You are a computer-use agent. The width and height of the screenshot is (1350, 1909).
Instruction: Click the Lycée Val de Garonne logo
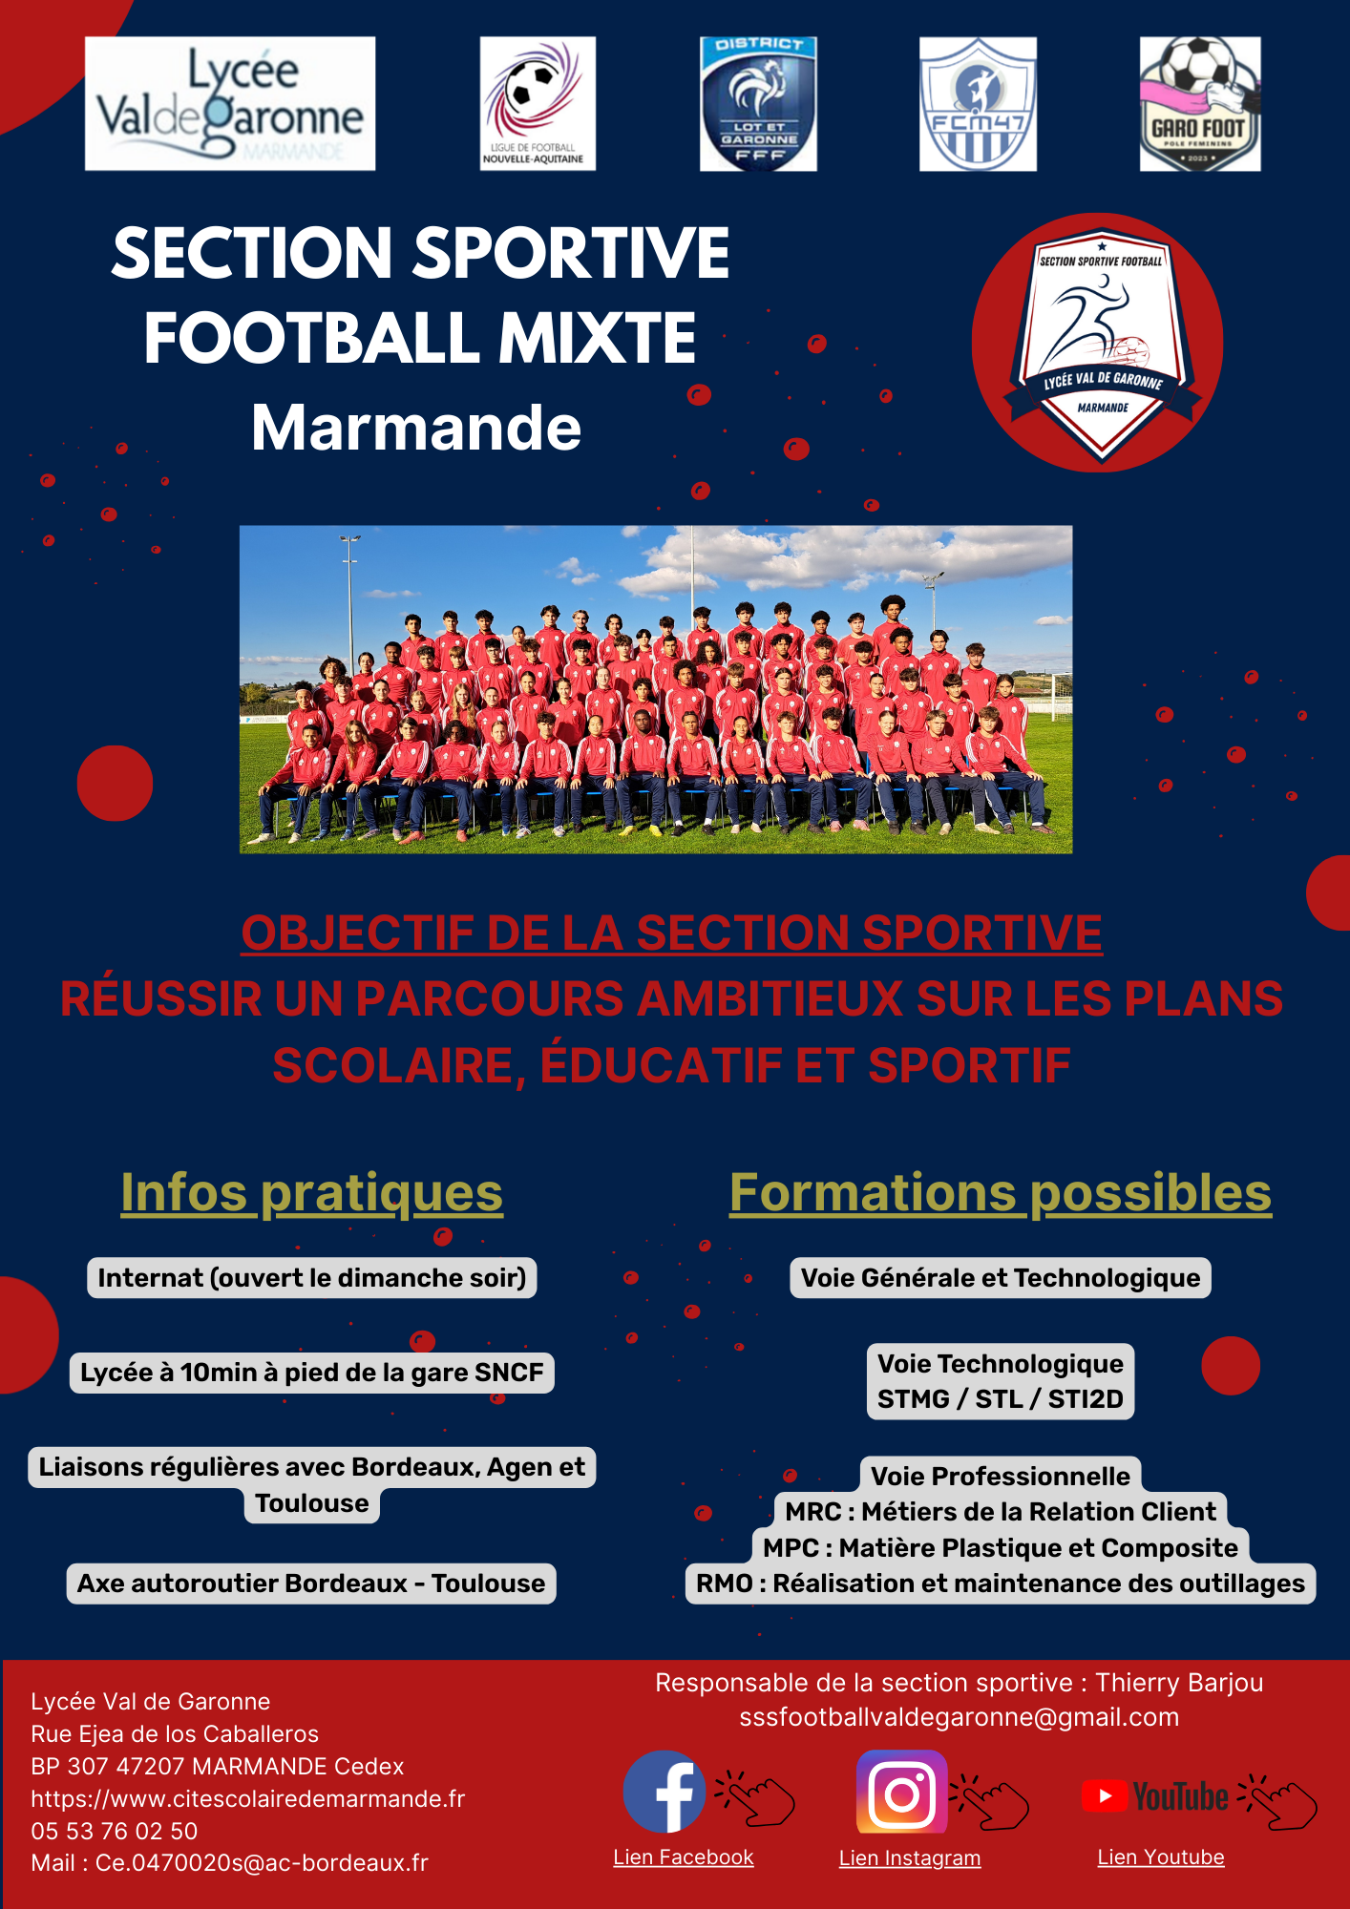(230, 104)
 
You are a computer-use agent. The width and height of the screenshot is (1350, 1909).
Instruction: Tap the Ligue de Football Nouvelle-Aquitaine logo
(538, 104)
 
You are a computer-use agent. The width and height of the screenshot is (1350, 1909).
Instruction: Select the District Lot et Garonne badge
(758, 104)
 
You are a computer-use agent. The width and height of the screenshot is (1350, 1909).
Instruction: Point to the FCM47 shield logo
(978, 104)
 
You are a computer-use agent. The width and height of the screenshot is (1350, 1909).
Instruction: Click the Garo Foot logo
(1200, 104)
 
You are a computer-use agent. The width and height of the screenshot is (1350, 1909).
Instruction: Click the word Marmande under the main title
(416, 428)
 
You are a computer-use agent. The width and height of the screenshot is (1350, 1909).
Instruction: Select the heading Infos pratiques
(311, 1193)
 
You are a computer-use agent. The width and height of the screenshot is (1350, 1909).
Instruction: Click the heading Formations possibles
(1001, 1193)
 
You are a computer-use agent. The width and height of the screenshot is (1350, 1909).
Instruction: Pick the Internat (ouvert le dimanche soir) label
(312, 1278)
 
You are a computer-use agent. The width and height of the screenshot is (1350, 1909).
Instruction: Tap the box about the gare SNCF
(312, 1373)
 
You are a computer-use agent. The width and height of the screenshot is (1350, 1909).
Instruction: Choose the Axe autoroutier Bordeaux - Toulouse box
(311, 1584)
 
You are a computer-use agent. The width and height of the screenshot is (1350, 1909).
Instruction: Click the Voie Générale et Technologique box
(1001, 1278)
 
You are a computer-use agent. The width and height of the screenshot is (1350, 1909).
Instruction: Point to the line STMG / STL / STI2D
(1001, 1399)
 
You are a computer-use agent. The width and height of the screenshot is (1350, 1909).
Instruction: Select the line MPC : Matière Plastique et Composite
(1001, 1548)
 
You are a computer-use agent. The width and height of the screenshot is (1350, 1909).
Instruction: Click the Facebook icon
(664, 1792)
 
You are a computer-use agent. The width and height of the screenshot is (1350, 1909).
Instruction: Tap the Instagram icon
(902, 1792)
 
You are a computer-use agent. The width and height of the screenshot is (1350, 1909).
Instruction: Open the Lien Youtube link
(1161, 1857)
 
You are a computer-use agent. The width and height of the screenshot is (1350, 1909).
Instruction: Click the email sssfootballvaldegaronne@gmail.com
(960, 1717)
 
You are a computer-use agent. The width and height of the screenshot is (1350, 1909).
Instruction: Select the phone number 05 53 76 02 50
(115, 1831)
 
